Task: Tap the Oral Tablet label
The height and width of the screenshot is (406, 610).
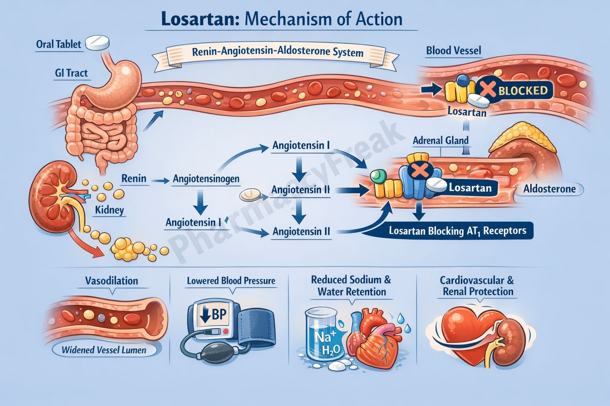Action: tap(58, 44)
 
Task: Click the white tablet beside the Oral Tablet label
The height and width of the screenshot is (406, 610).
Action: tap(97, 42)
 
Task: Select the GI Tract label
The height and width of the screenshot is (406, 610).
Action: tap(71, 73)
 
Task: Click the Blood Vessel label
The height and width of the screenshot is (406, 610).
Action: tap(454, 50)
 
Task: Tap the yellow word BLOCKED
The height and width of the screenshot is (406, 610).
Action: tap(523, 91)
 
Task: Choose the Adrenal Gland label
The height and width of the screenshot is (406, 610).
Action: tap(440, 140)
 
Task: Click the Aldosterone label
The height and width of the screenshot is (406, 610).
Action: tap(549, 189)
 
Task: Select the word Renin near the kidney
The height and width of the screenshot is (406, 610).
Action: tap(134, 178)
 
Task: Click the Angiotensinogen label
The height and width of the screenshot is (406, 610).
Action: tap(206, 179)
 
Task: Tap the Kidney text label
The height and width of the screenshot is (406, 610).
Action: tap(109, 210)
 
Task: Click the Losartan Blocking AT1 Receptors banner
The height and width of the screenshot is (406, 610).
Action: tap(457, 231)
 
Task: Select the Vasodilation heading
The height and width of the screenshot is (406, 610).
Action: tap(112, 281)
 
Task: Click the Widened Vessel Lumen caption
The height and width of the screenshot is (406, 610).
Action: tap(104, 350)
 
